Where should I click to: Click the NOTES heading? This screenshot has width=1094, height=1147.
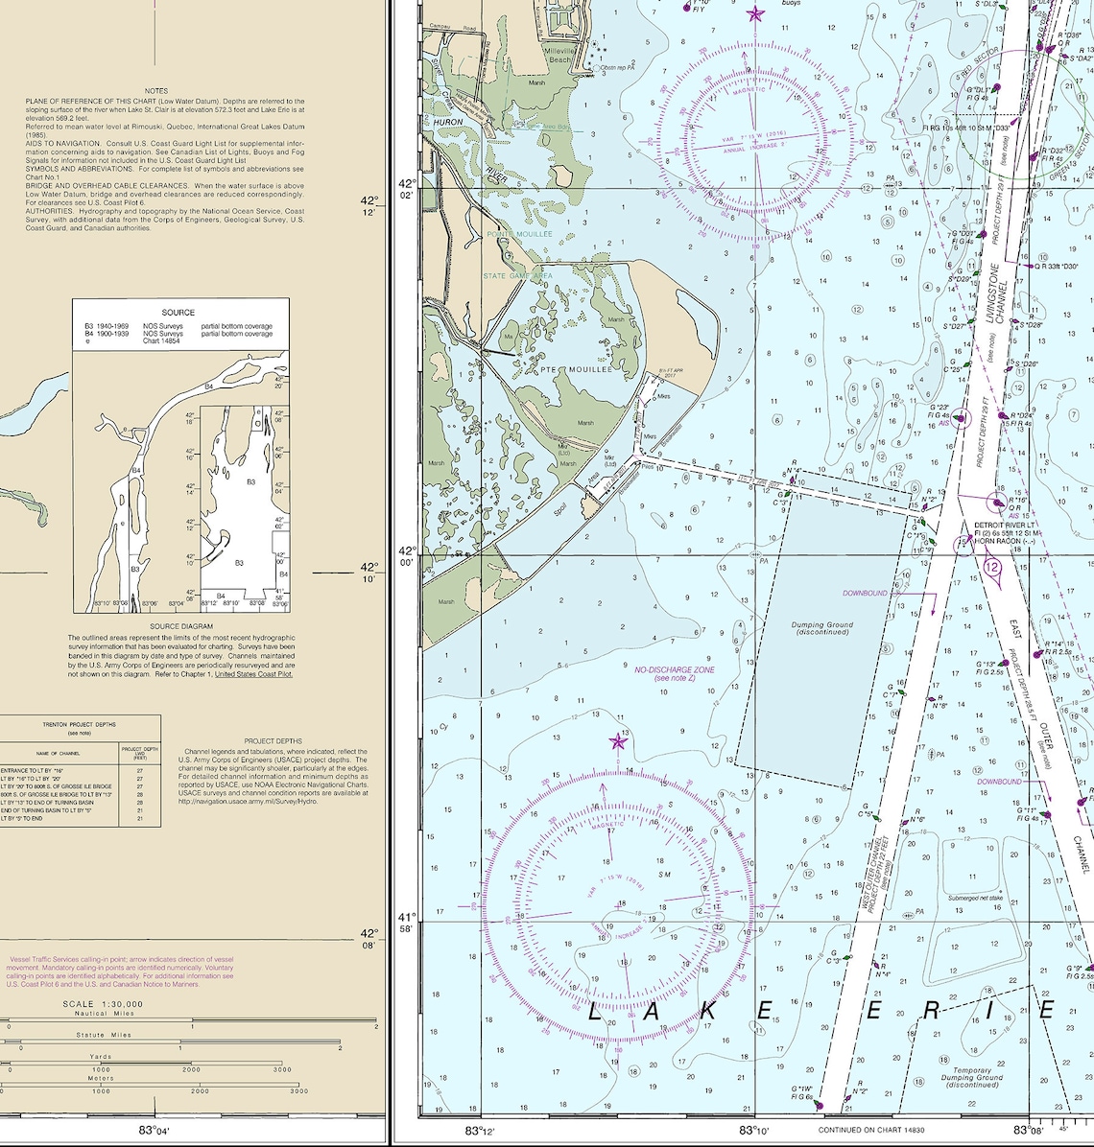pyautogui.click(x=156, y=91)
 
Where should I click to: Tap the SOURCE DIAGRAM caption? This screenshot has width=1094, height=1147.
pyautogui.click(x=181, y=626)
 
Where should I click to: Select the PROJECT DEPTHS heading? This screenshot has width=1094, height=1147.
pyautogui.click(x=273, y=741)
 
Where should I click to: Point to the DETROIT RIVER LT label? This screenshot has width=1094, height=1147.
pyautogui.click(x=1006, y=526)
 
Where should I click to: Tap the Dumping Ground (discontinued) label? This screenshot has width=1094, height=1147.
pyautogui.click(x=822, y=629)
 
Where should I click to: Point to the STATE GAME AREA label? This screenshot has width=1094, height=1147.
pyautogui.click(x=517, y=276)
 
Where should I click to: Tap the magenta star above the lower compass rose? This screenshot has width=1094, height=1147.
pyautogui.click(x=618, y=741)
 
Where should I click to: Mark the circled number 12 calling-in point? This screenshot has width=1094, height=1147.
pyautogui.click(x=991, y=568)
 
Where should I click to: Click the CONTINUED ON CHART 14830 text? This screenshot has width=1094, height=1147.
pyautogui.click(x=872, y=1130)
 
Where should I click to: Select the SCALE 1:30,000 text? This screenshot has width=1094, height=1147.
pyautogui.click(x=103, y=1004)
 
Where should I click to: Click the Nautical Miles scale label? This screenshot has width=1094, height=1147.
pyautogui.click(x=105, y=1014)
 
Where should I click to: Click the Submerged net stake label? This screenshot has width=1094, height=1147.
pyautogui.click(x=975, y=899)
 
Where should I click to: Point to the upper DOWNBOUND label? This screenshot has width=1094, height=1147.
pyautogui.click(x=866, y=594)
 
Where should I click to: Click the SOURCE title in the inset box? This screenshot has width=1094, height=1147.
pyautogui.click(x=178, y=313)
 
